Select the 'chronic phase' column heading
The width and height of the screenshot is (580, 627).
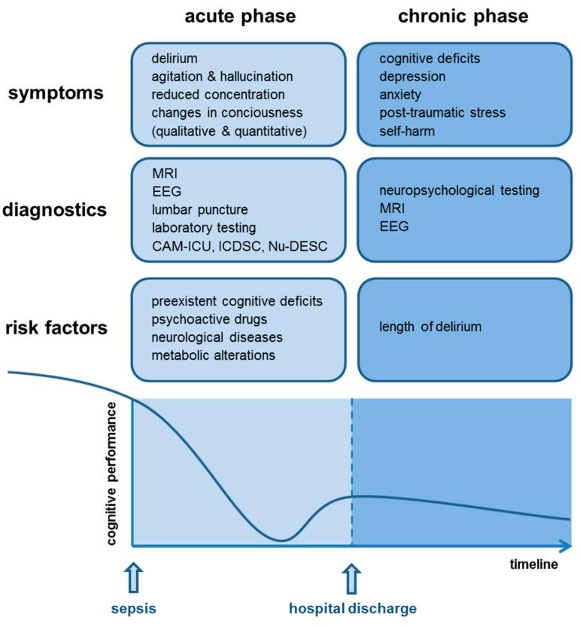463,16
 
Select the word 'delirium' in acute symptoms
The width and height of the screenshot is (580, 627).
175,59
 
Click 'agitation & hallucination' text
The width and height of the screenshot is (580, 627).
222,77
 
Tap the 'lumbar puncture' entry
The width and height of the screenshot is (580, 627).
199,209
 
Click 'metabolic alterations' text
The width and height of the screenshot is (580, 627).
213,355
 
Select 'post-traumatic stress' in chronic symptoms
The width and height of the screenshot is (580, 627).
442,113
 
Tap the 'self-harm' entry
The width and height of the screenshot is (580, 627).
408,131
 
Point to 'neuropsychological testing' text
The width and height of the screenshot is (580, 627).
459,190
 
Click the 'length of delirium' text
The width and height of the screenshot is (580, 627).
430,327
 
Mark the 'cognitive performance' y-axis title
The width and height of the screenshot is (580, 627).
112,473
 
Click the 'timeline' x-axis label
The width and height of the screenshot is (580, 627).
533,565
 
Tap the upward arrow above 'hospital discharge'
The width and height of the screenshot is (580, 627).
351,578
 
